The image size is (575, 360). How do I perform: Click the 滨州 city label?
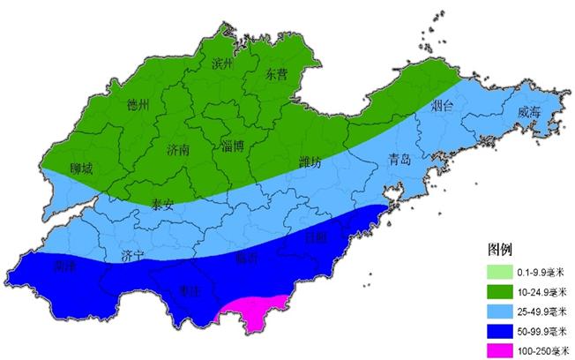[x=221, y=64]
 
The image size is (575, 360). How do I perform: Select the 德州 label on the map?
[x=139, y=106]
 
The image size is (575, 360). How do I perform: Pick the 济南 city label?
[x=178, y=150]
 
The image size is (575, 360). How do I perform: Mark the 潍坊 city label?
[x=310, y=162]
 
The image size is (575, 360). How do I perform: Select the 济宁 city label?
[x=132, y=256]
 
